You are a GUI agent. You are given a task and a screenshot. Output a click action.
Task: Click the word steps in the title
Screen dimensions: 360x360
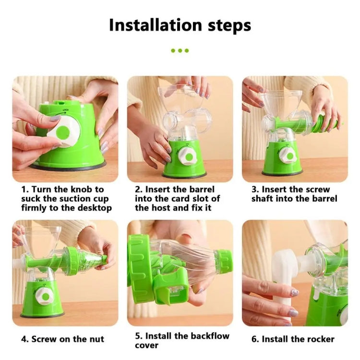coord(229,26)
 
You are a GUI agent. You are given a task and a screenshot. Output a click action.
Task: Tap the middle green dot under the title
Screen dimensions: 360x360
coord(180,50)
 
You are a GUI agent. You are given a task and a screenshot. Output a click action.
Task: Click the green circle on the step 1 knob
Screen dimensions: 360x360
coord(63,132)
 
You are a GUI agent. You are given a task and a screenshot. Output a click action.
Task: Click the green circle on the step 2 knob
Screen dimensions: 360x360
coord(190,157)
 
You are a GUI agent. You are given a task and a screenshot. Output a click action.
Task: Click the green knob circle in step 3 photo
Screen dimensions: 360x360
coord(290,156)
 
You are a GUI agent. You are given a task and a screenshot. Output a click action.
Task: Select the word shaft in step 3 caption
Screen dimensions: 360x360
coord(262,199)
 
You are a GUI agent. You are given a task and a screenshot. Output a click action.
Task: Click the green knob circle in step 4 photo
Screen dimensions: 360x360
coord(46,297)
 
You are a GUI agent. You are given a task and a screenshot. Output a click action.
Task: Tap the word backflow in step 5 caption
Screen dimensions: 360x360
coord(210,336)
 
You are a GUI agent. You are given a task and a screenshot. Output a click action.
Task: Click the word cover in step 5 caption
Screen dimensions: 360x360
coord(146,345)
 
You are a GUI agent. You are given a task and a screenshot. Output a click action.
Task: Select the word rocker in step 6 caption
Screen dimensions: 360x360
coord(320,339)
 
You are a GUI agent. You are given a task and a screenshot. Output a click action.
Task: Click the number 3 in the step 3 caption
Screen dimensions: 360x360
coord(254,190)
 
